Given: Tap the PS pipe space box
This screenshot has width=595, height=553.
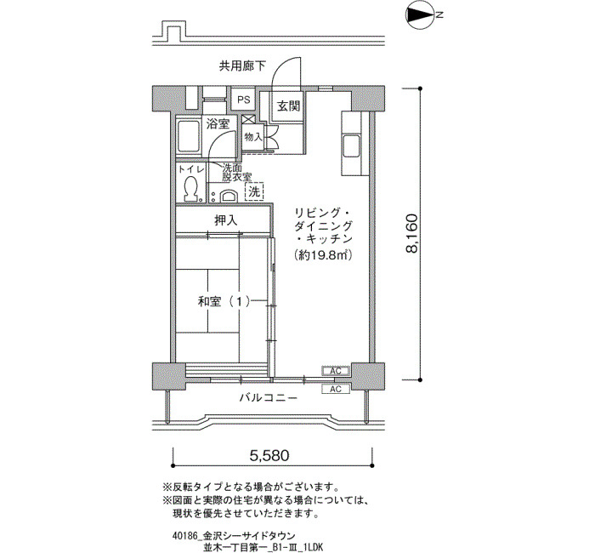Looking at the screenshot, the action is click(244, 100).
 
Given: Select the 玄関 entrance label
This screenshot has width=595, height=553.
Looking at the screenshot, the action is click(288, 106).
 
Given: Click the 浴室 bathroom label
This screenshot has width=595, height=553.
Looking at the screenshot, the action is click(218, 124).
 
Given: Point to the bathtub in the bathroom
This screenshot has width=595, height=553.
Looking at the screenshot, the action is click(189, 137).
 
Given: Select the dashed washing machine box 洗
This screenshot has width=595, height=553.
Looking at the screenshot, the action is click(254, 191).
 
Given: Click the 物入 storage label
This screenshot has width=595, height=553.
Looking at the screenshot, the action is click(253, 137).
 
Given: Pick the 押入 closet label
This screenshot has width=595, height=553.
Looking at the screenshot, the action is click(226, 220).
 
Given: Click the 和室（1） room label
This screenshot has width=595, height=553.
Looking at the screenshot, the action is click(224, 302).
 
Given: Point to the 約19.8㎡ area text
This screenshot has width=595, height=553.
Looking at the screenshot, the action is click(324, 255).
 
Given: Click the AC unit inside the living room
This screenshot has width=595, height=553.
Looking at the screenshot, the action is click(336, 371).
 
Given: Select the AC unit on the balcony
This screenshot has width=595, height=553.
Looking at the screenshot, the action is click(336, 389).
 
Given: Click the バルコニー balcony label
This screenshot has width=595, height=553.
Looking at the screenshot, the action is click(269, 398).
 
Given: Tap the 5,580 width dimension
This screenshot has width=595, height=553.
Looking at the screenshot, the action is click(269, 455).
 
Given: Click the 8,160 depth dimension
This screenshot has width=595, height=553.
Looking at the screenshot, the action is click(411, 234).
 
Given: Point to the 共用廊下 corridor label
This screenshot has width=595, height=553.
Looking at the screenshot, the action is click(242, 66).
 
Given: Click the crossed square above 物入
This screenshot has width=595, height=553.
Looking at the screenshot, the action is click(247, 119).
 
